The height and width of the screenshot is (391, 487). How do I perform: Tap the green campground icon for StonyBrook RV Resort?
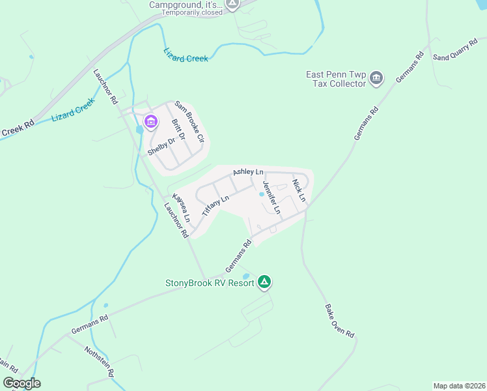[x=264, y=282]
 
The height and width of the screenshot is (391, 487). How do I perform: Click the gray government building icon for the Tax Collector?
[x=376, y=79]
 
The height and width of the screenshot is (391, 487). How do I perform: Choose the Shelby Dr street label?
[x=161, y=145]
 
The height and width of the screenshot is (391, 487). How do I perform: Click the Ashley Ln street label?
[x=248, y=171]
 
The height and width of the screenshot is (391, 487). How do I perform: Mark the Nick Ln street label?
[x=299, y=189]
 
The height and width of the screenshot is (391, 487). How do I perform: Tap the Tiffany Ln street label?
[x=216, y=205]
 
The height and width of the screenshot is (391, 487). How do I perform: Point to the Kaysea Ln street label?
[x=180, y=207]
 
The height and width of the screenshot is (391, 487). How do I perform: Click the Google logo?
[x=21, y=383]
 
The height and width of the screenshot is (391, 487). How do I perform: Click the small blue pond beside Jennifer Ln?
[x=262, y=194]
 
